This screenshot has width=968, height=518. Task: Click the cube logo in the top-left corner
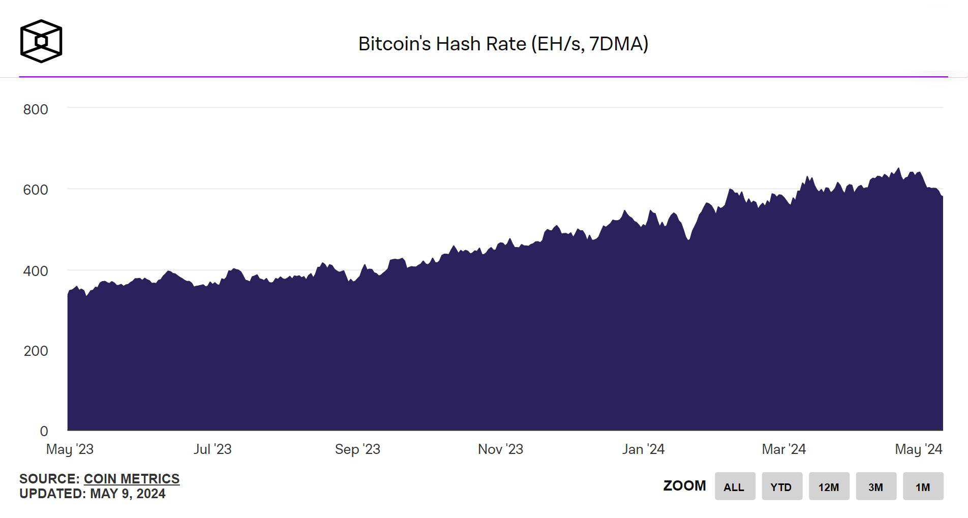click(41, 41)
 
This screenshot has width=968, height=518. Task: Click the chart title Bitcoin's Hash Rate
click(503, 44)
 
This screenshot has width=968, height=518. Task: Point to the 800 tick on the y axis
click(36, 109)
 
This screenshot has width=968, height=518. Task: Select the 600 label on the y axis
click(36, 190)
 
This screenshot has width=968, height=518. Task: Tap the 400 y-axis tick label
click(36, 270)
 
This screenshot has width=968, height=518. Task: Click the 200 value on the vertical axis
click(36, 351)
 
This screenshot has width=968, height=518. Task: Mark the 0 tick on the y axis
click(44, 431)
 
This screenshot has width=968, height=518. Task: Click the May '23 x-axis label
click(70, 449)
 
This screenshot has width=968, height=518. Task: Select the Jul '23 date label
click(213, 449)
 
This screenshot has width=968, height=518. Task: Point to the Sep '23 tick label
click(357, 449)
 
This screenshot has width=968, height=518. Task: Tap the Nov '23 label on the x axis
click(500, 449)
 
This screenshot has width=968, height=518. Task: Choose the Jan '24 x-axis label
click(643, 449)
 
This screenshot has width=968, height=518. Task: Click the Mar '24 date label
click(783, 449)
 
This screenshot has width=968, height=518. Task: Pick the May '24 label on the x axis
click(918, 449)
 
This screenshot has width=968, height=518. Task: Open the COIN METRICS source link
click(132, 479)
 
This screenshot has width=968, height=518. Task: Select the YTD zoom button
click(781, 486)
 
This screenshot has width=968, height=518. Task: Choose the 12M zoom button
click(829, 486)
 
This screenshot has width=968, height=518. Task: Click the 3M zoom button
click(875, 486)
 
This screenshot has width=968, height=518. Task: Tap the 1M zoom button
click(923, 486)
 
